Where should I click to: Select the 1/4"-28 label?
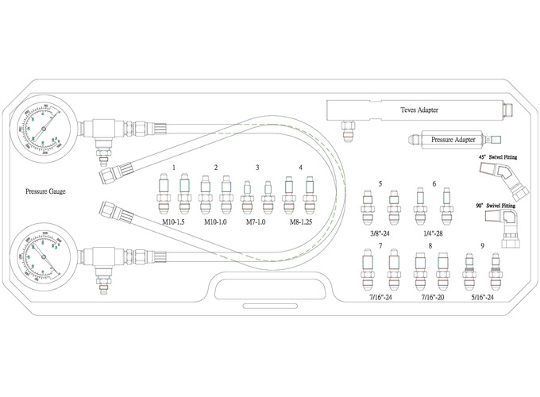click(x=434, y=234)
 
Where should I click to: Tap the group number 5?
click(x=381, y=183)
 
